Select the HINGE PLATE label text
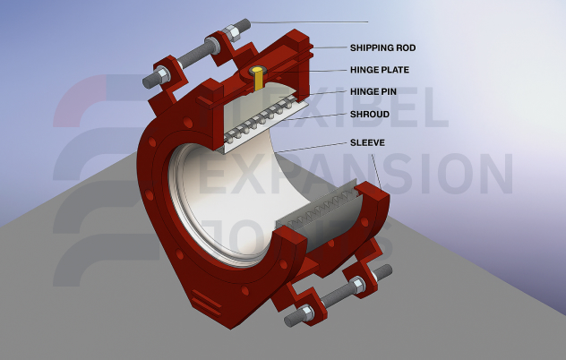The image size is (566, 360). pos(381,69)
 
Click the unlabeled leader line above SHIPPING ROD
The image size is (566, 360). pos(313,21)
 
